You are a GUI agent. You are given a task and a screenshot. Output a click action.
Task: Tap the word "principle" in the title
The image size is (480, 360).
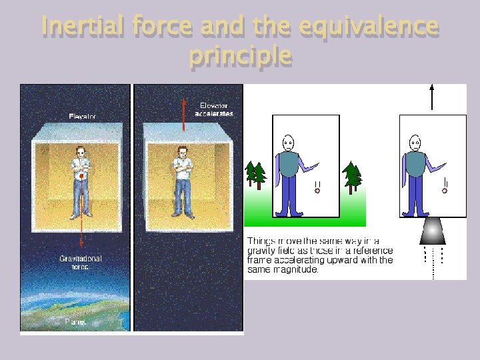click(x=240, y=56)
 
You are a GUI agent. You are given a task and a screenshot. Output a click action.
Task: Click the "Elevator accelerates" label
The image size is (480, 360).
click(x=215, y=109)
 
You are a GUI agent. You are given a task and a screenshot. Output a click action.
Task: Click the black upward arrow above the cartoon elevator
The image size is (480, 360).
click(x=433, y=97)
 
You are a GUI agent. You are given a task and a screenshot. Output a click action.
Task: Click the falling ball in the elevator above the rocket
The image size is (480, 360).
click(x=445, y=191)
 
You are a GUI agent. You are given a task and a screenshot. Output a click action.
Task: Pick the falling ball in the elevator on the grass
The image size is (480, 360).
click(x=317, y=191)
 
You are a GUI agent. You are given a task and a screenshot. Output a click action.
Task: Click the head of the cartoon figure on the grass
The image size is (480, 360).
click(x=288, y=142)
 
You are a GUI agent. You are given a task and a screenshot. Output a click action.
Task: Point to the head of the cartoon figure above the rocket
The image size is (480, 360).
click(x=415, y=142)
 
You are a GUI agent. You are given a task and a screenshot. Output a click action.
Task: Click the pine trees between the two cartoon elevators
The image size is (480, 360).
click(x=351, y=176)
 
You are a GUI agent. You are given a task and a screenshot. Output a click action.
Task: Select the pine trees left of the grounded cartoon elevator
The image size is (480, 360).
click(x=255, y=175)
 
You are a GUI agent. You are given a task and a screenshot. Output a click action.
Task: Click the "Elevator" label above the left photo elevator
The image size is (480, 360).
click(x=83, y=117)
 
